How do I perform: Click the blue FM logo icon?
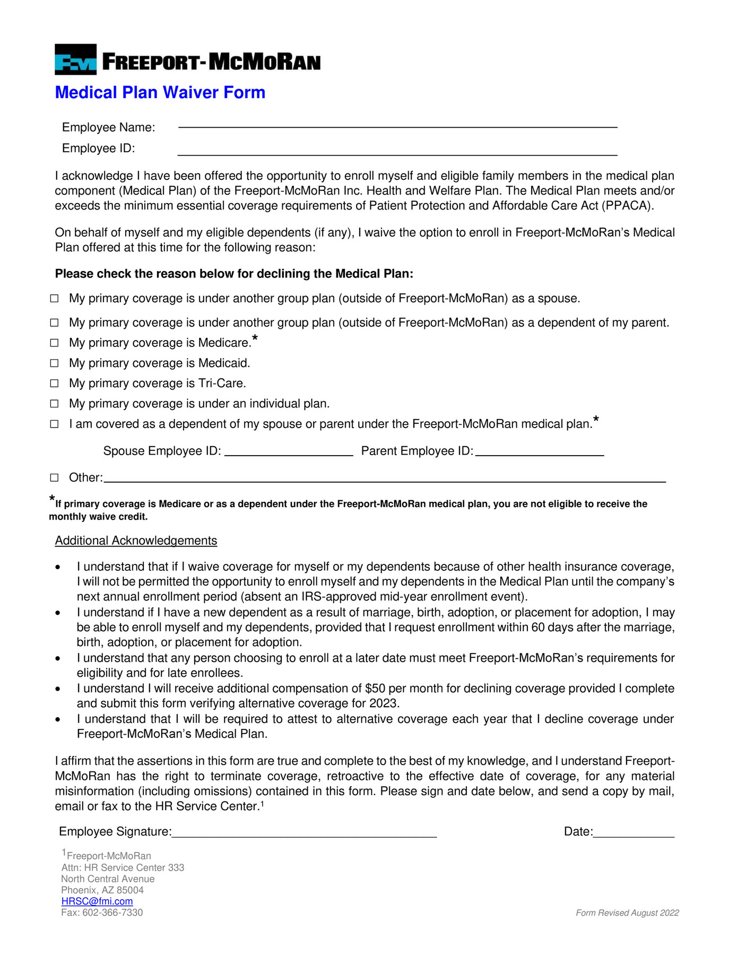75,59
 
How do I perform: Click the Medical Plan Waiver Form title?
160,92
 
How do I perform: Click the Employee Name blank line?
397,126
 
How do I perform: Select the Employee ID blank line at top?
397,154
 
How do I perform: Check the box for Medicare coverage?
54,343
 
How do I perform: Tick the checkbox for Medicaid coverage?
54,363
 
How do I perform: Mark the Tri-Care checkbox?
54,383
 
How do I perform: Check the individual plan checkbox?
54,404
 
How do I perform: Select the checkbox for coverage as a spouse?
54,298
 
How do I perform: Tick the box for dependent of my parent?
54,323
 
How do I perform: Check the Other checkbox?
54,477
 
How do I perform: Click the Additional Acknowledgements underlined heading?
136,540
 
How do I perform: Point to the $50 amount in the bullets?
375,688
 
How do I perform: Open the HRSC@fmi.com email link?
97,901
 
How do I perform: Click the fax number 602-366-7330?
112,912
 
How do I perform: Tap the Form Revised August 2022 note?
627,912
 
